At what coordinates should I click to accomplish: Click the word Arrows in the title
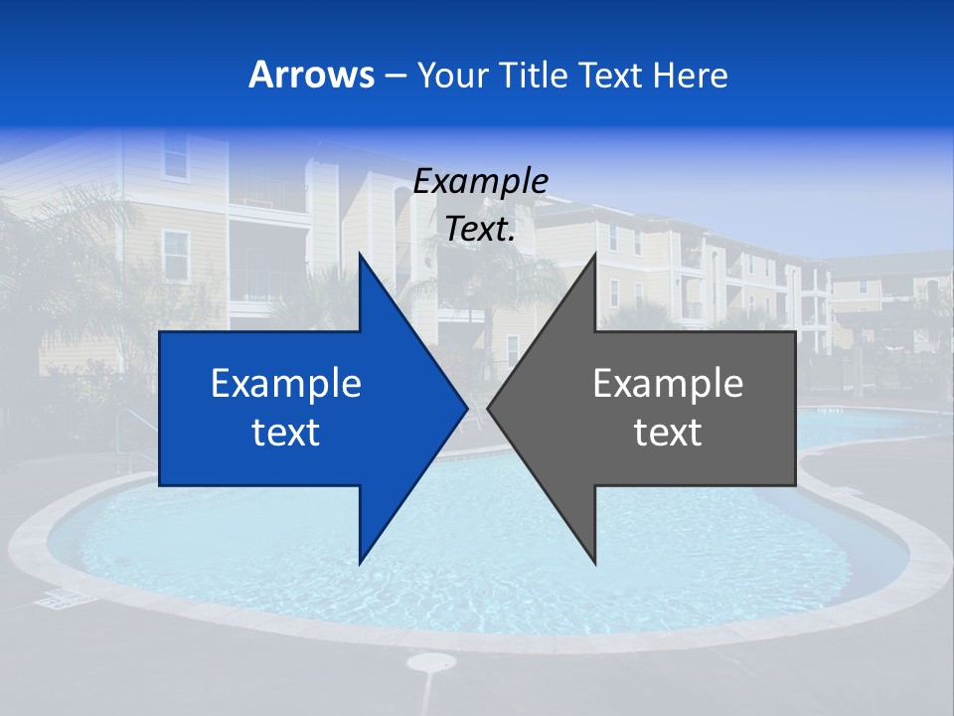click(311, 75)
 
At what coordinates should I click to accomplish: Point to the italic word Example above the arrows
click(480, 181)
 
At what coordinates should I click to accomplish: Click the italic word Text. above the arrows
click(480, 229)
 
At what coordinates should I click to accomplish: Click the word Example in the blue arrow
click(286, 383)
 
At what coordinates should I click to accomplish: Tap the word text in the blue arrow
click(286, 433)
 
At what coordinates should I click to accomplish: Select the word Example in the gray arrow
click(668, 383)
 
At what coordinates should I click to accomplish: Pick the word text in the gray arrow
click(668, 433)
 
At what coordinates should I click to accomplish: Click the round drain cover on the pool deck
click(430, 662)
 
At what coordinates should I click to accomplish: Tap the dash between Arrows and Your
click(395, 76)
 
